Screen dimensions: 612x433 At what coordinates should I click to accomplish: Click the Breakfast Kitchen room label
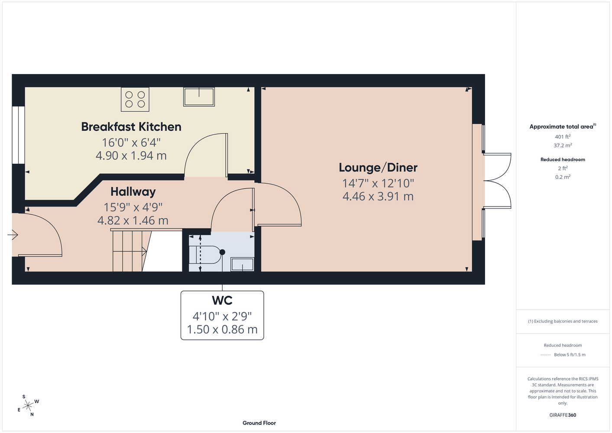click(131, 127)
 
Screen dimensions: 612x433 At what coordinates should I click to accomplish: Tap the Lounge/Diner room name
click(378, 168)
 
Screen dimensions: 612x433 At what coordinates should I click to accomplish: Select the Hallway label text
click(133, 192)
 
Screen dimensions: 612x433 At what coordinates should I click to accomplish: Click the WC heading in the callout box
click(222, 301)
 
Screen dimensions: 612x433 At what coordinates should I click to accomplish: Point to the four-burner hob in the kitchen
click(135, 100)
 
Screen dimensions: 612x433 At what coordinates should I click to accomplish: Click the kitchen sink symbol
click(199, 97)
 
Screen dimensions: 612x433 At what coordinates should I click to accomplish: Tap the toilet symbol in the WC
click(207, 255)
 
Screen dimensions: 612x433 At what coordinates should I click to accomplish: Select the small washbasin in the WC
click(243, 264)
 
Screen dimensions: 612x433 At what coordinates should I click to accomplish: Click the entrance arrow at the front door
click(13, 235)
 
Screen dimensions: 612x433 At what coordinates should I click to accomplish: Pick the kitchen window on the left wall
click(18, 135)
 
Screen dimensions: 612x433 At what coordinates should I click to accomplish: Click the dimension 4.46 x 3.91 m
click(378, 197)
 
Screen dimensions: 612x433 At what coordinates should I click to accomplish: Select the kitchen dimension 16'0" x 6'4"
click(131, 142)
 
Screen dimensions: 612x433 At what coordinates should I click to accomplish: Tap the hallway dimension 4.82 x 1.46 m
click(133, 220)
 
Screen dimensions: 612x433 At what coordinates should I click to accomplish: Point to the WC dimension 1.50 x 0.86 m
click(222, 330)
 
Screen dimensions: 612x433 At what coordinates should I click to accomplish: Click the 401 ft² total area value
click(563, 136)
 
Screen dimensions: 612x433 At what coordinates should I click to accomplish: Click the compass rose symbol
click(28, 406)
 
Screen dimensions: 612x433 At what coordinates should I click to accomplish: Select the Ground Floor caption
click(259, 423)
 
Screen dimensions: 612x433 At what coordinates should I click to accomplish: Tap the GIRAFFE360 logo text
click(563, 415)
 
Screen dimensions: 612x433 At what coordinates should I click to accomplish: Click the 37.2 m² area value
click(563, 145)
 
